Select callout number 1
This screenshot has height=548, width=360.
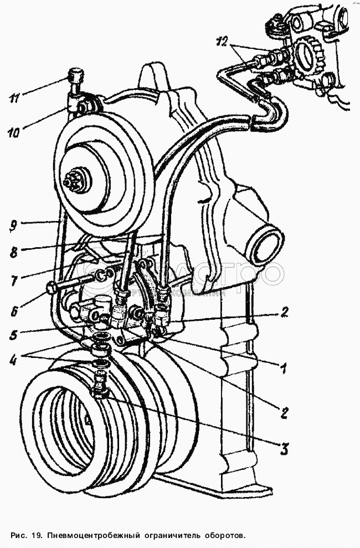(x=284, y=366)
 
